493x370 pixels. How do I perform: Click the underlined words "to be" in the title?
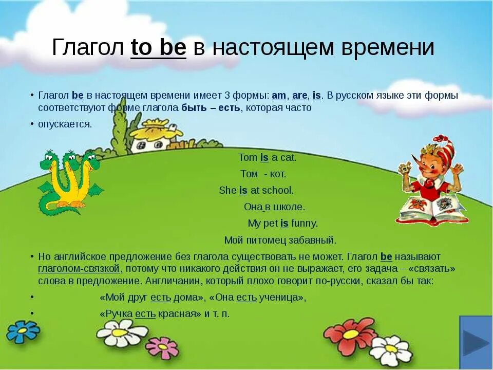point(158,48)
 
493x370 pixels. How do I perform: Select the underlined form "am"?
point(279,96)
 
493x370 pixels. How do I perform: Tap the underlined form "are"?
point(299,96)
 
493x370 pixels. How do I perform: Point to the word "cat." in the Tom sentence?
point(288,158)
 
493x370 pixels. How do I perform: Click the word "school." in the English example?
point(278,190)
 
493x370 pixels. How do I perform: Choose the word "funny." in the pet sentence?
point(305,223)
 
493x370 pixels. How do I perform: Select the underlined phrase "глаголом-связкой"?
point(79,269)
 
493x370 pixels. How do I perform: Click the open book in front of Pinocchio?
point(431,208)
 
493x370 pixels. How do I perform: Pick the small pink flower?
point(162,348)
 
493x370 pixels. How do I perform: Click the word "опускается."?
point(65,124)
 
